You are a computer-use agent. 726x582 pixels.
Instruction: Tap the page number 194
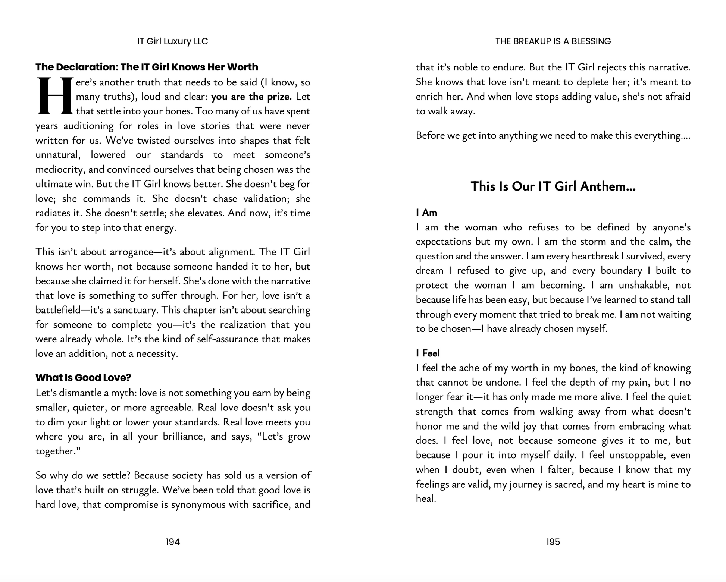pos(173,542)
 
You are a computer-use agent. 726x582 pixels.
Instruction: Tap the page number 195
pos(553,542)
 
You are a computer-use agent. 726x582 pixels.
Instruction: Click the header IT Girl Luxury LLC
pos(173,41)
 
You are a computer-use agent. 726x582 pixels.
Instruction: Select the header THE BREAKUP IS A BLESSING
pos(553,41)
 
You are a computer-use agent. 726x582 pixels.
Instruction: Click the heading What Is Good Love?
pos(83,378)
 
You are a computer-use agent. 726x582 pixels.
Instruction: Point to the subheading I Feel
pos(428,353)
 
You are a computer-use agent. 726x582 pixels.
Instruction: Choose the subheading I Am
pos(426,213)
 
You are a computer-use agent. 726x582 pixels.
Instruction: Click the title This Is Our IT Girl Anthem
pos(553,186)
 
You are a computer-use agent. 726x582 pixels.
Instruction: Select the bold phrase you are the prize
pos(251,97)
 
